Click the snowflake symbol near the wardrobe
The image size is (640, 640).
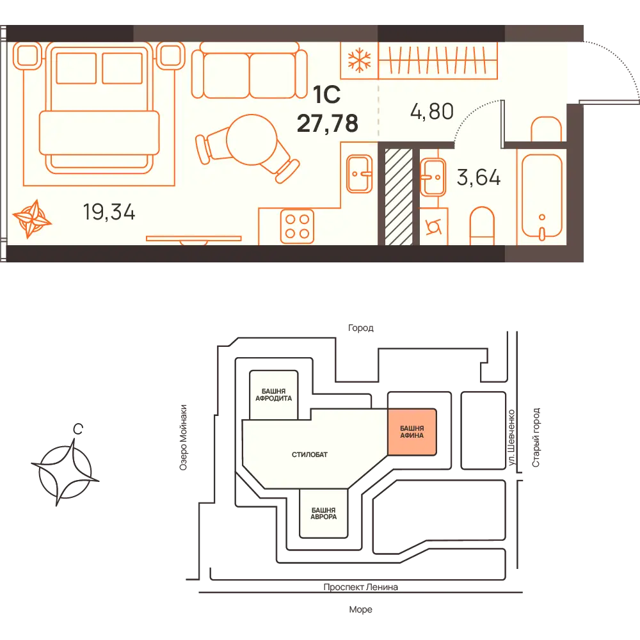[x=359, y=60]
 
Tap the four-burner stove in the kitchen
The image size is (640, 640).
[x=297, y=226]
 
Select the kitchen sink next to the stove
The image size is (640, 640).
[x=359, y=174]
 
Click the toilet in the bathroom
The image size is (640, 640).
[x=482, y=226]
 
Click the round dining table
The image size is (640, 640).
[x=252, y=140]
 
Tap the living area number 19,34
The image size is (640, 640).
[x=109, y=212]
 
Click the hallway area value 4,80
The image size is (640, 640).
[x=432, y=111]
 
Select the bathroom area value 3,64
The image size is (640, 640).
[x=478, y=177]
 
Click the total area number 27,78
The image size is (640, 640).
[x=327, y=124]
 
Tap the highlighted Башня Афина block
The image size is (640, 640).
[x=412, y=432]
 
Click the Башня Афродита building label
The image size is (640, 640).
[x=273, y=395]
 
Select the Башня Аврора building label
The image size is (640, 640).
[x=323, y=513]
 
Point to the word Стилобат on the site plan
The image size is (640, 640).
[x=309, y=454]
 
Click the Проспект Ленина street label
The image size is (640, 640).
[x=360, y=587]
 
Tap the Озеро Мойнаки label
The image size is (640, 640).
[x=183, y=437]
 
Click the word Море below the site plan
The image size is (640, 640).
[x=360, y=609]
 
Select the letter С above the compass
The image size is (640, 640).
[x=77, y=429]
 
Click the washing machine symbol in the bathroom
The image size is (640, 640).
[x=433, y=227]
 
